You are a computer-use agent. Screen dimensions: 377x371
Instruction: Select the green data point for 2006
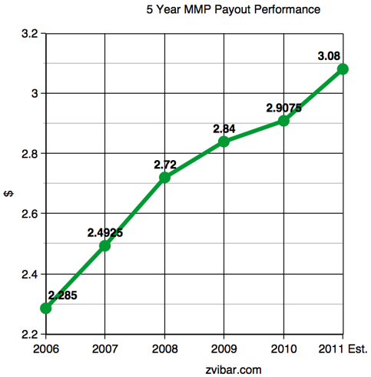coord(46,308)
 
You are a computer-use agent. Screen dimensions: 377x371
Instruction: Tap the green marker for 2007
coord(105,245)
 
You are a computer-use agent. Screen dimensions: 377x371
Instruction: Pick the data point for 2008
coord(164,177)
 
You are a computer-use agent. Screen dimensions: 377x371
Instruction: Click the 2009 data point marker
coord(224,141)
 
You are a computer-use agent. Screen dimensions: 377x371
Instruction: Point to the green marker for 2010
coord(283,121)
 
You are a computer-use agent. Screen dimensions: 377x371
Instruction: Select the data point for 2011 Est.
coord(343,68)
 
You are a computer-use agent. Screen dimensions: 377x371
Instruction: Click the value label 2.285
coord(62,295)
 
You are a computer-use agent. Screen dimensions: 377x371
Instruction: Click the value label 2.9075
coord(283,107)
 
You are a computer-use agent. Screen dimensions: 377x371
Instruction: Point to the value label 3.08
coord(329,55)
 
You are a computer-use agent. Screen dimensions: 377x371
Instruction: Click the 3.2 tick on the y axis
coord(28,34)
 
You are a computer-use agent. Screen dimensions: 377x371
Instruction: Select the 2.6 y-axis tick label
coord(28,214)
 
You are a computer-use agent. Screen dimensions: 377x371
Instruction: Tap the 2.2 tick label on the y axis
coord(28,335)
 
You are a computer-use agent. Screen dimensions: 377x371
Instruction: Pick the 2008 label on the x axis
coord(164,349)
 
